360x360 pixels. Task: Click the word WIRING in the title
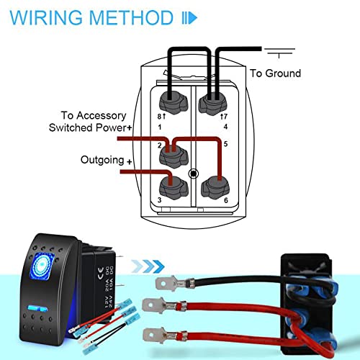(44, 17)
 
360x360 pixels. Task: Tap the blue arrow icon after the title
(189, 17)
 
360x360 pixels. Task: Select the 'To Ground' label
(275, 73)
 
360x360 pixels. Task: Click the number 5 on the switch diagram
(225, 144)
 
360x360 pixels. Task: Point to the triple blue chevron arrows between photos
(147, 264)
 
